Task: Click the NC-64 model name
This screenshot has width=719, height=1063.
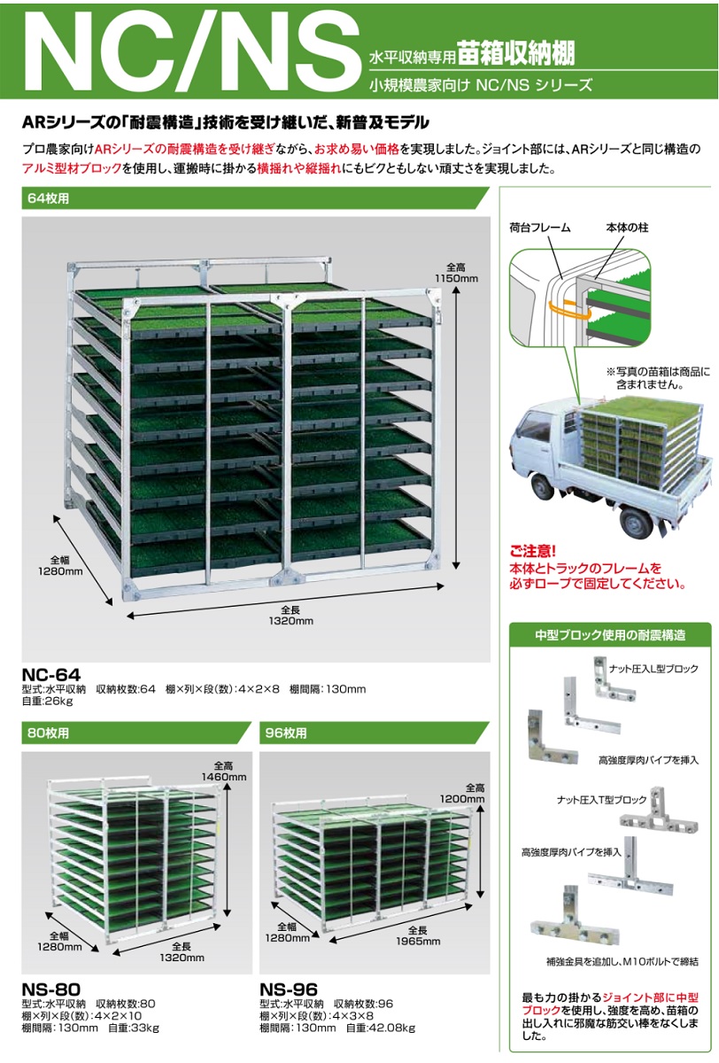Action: point(51,674)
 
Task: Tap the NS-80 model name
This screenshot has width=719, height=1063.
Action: point(51,989)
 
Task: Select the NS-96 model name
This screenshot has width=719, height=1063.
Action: point(289,989)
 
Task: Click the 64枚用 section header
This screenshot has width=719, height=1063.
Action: point(49,198)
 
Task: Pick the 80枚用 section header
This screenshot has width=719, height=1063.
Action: point(49,733)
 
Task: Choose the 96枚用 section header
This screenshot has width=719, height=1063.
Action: point(286,733)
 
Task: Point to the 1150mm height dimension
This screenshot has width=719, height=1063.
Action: point(456,278)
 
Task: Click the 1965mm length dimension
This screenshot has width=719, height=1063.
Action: point(418,941)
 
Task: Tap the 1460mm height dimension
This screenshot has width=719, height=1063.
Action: point(224,777)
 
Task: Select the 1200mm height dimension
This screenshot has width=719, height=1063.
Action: point(462,799)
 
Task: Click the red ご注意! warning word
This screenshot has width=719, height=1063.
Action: point(533,551)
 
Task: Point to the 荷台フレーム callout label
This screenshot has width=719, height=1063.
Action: point(540,228)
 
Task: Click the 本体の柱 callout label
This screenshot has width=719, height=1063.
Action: point(627,228)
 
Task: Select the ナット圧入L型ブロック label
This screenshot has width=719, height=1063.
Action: point(653,669)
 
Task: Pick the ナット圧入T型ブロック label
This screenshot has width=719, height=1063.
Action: point(601,800)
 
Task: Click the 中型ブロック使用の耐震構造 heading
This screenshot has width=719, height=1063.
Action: point(610,635)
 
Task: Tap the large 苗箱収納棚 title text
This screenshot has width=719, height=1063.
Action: point(516,52)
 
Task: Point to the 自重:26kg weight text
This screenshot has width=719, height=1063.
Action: point(48,701)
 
